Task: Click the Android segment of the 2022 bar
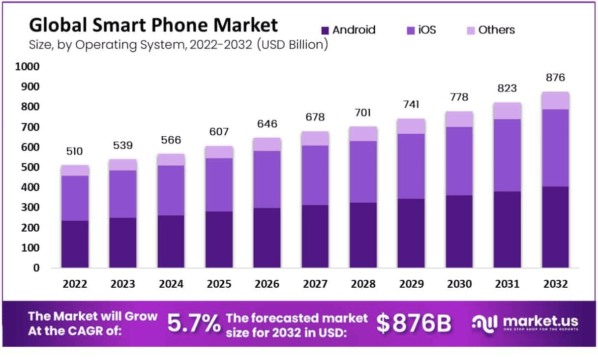point(75,244)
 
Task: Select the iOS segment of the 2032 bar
point(556,148)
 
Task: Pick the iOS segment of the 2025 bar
point(219,184)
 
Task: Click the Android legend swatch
point(325,30)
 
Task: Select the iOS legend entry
point(421,30)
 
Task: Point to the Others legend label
point(496,30)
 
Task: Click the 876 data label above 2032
point(556,78)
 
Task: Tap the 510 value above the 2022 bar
point(75,151)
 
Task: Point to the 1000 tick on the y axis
point(27,66)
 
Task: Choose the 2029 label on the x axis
point(412,284)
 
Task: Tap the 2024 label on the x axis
point(171,284)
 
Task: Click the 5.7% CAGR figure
point(194,323)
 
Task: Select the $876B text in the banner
point(414,323)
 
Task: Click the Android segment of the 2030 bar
point(460,231)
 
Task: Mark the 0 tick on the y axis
point(36,268)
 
